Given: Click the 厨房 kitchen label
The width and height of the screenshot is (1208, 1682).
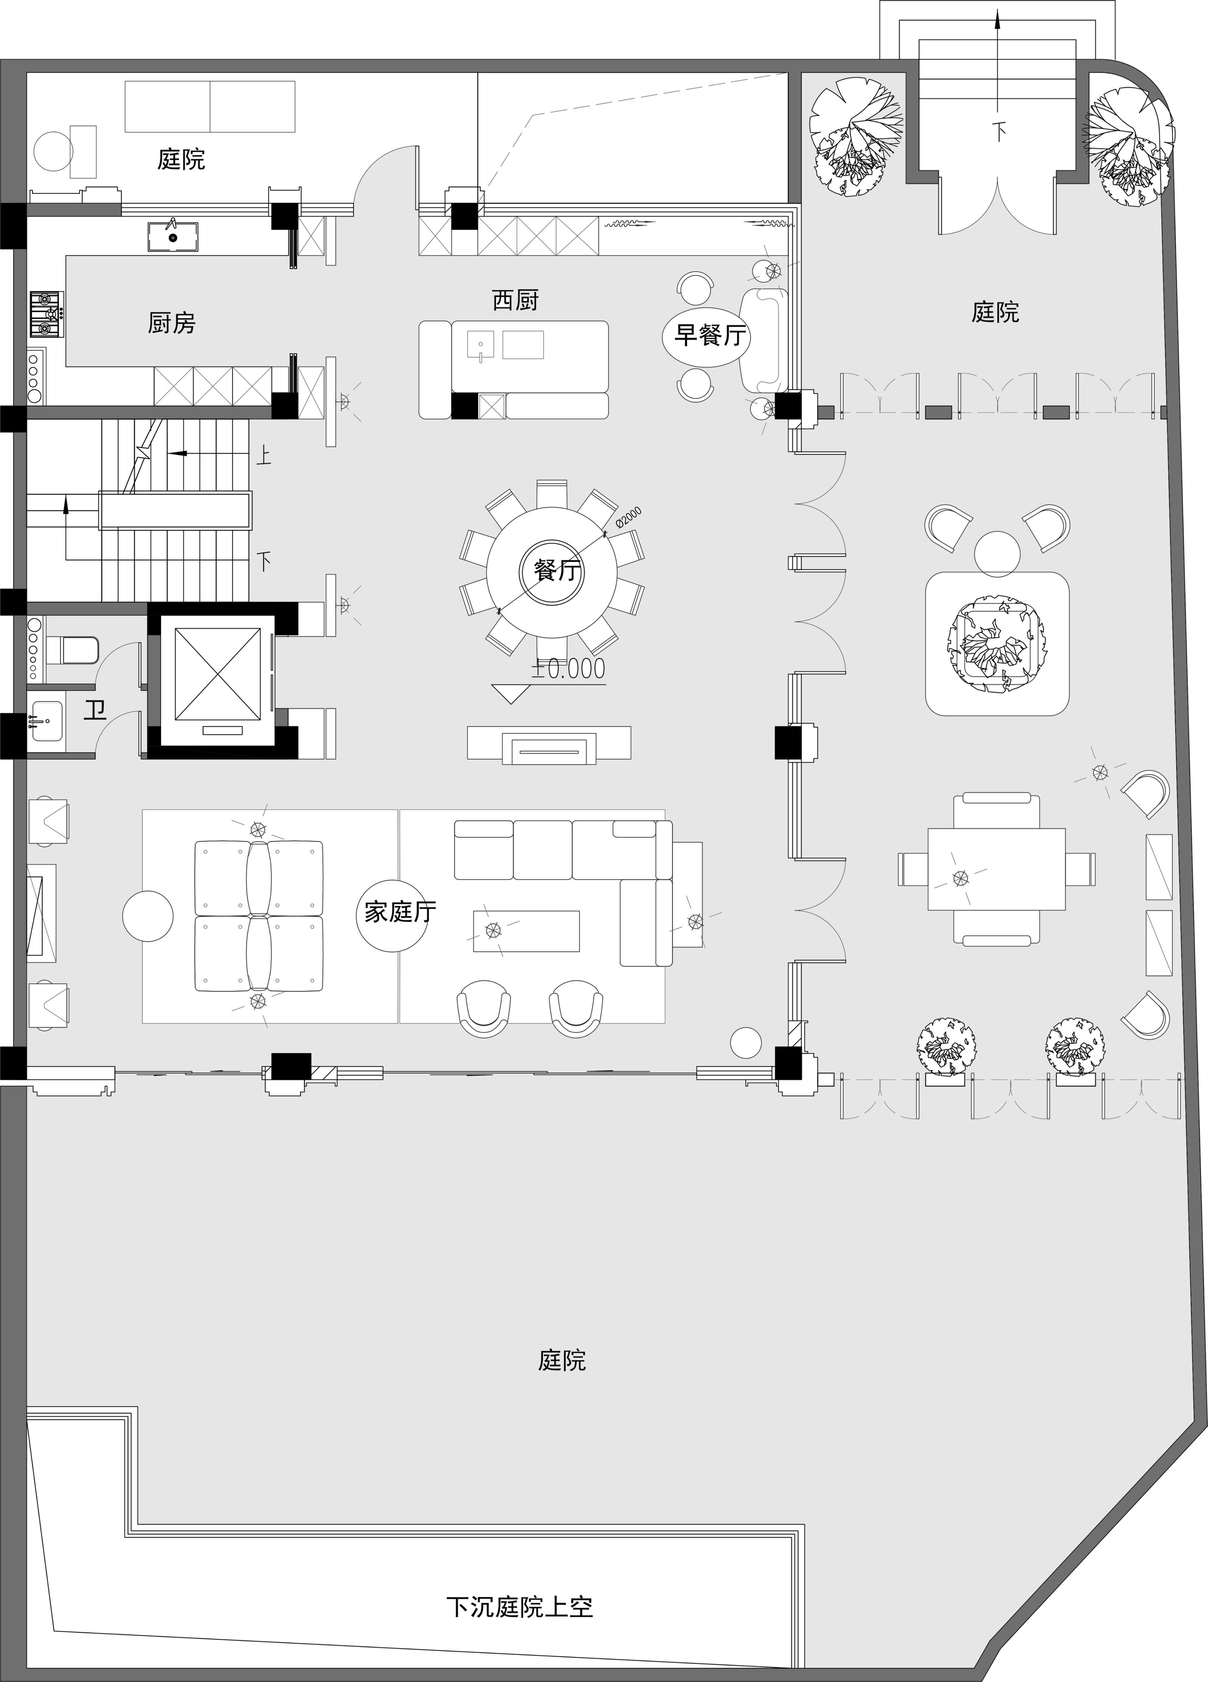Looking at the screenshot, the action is point(171,323).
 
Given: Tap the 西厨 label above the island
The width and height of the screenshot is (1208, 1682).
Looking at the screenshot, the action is point(515,301).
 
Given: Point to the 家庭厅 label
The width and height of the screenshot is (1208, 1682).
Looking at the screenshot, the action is point(400,911).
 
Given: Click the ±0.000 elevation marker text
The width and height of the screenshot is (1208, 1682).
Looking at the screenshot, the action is point(568,669).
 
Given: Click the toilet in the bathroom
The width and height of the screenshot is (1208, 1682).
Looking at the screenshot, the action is point(72,650).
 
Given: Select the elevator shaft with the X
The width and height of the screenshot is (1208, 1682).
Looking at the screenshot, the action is point(217,674).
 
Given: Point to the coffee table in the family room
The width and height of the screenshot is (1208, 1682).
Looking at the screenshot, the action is point(526,931).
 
